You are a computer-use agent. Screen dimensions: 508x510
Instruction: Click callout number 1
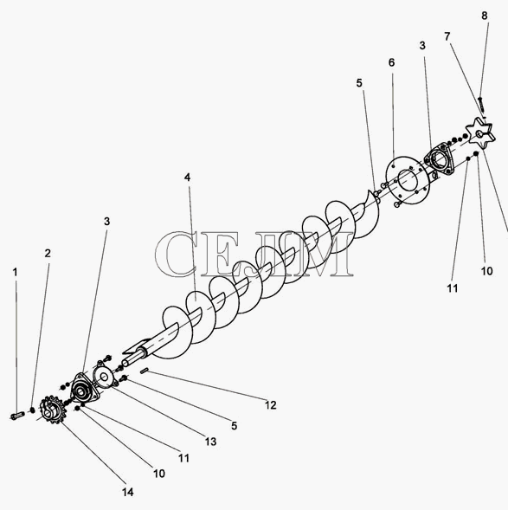coord(15,273)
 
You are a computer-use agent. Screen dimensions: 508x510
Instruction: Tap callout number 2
coord(48,254)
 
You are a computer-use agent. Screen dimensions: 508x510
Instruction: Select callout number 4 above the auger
coord(187,178)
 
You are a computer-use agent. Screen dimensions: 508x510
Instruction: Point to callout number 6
coord(392,62)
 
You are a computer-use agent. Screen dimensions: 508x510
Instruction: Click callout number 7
coord(447,36)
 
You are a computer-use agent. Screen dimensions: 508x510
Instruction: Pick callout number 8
coord(485,16)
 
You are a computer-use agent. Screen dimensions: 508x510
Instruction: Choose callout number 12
coord(270,405)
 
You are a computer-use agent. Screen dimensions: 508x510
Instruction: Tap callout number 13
coord(210,442)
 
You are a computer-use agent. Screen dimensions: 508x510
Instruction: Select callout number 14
coord(128,492)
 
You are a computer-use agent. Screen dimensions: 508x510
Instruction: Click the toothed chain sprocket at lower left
coord(53,410)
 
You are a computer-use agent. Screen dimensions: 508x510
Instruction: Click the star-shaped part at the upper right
coord(480,134)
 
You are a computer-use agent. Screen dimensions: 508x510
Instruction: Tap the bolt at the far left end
coord(17,416)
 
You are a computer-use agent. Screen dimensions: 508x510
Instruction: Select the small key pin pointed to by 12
coord(145,371)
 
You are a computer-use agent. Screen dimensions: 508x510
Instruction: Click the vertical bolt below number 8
coord(480,103)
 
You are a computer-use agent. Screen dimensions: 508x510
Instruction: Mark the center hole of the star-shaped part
coord(479,133)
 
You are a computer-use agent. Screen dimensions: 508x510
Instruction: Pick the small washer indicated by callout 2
coord(32,410)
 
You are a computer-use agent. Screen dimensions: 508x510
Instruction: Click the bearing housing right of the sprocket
coord(84,389)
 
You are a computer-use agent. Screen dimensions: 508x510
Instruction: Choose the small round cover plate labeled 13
coord(104,377)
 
